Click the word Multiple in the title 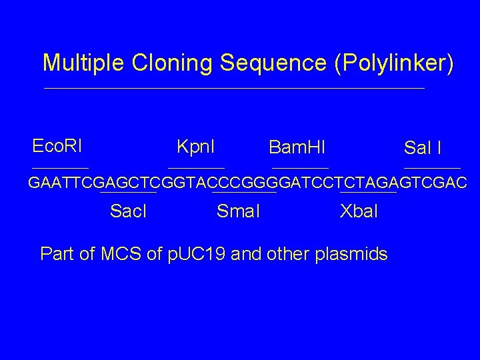coord(84,63)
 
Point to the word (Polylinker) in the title coord(395,63)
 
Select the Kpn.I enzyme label coord(199,145)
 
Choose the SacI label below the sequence coord(128,211)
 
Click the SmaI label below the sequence coord(239,211)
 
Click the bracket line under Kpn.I coord(196,167)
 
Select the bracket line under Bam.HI coord(300,167)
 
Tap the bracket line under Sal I coord(432,167)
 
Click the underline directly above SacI coord(128,193)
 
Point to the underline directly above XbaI coord(368,193)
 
